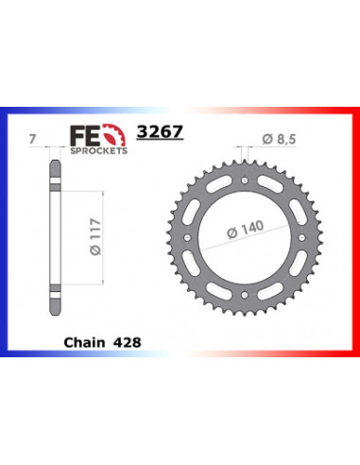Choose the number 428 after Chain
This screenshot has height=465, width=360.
point(126,337)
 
